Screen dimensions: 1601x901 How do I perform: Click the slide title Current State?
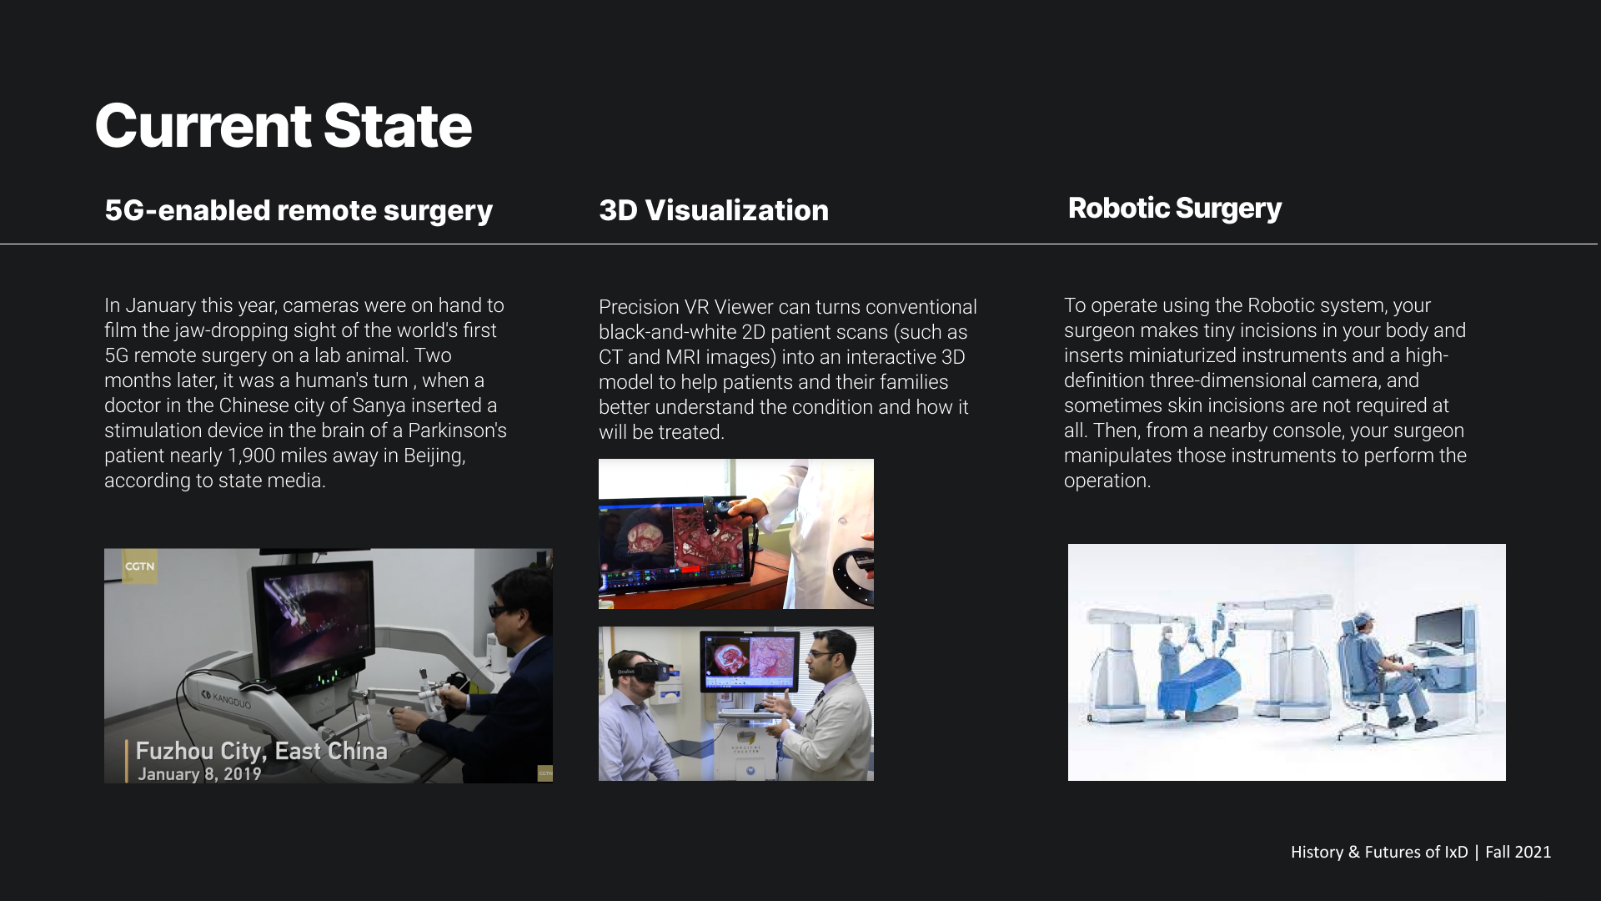click(x=284, y=126)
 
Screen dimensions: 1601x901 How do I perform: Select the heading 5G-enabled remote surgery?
click(x=299, y=210)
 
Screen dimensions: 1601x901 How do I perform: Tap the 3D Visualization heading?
click(x=714, y=210)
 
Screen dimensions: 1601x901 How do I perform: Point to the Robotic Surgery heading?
click(x=1175, y=209)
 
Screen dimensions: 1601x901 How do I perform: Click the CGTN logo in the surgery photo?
click(x=139, y=566)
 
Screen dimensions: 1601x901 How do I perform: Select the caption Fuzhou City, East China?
click(x=262, y=751)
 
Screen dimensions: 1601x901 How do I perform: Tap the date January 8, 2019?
click(x=199, y=774)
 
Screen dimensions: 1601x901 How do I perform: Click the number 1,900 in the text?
click(x=251, y=456)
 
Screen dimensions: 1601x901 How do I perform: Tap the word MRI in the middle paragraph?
click(x=683, y=357)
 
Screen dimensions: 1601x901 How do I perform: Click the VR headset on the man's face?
click(x=644, y=670)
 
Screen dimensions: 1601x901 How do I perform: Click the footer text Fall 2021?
click(x=1518, y=852)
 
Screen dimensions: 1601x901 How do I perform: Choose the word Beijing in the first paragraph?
click(x=434, y=456)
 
